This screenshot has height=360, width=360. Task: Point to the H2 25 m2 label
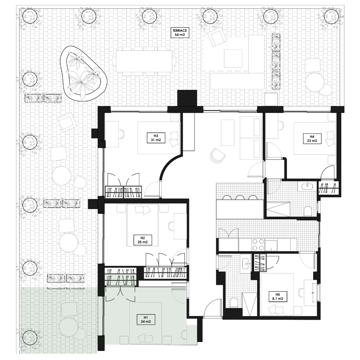142,240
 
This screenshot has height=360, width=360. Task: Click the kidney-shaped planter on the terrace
84,74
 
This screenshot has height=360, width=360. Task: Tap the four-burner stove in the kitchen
258,245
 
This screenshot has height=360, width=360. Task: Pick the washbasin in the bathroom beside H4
307,186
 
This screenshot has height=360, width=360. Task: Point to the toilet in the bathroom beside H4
308,211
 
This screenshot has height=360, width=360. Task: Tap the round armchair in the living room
218,155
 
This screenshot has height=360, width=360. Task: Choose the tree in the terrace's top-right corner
330,16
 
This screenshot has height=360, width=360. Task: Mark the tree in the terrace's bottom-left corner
30,338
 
